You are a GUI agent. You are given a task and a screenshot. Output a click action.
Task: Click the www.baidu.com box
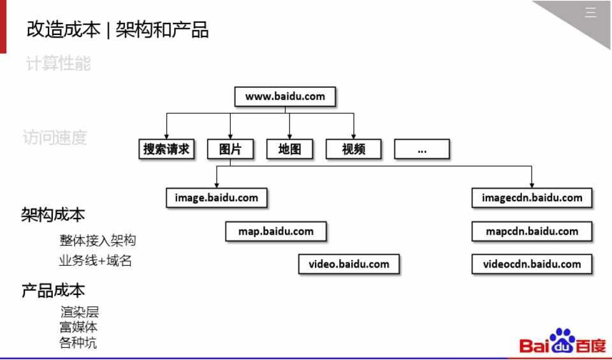coord(285,97)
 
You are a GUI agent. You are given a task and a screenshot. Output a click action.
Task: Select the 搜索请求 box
coord(166,149)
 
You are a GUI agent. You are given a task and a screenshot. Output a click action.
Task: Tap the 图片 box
coord(230,149)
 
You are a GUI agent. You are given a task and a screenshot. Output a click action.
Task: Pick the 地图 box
coord(289,149)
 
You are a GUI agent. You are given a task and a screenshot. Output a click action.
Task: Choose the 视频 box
coord(353,149)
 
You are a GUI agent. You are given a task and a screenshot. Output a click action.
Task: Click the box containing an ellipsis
coord(421,149)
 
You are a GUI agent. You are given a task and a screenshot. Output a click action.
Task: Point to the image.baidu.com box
coord(216,198)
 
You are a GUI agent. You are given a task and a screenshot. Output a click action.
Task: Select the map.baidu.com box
coord(276,231)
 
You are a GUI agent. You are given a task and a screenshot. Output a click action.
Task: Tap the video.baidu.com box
coord(349,264)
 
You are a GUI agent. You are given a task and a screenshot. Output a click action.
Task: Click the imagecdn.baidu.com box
coord(532,198)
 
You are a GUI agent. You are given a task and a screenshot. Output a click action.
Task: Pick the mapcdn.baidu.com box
coord(532,231)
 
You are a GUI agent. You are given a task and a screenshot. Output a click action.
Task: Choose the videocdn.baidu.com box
coord(532,264)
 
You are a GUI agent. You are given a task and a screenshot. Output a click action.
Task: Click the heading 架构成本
coord(53,215)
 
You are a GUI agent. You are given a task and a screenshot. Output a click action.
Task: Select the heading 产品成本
coord(53,291)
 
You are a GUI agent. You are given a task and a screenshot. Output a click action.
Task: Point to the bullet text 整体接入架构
coord(98,241)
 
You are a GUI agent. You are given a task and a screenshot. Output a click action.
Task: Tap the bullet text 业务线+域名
coord(95,261)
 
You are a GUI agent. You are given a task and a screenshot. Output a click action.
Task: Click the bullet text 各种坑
coord(78,343)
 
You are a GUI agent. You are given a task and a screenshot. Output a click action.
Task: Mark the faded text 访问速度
coord(55,138)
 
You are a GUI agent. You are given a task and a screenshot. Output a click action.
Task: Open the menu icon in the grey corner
coord(591,12)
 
